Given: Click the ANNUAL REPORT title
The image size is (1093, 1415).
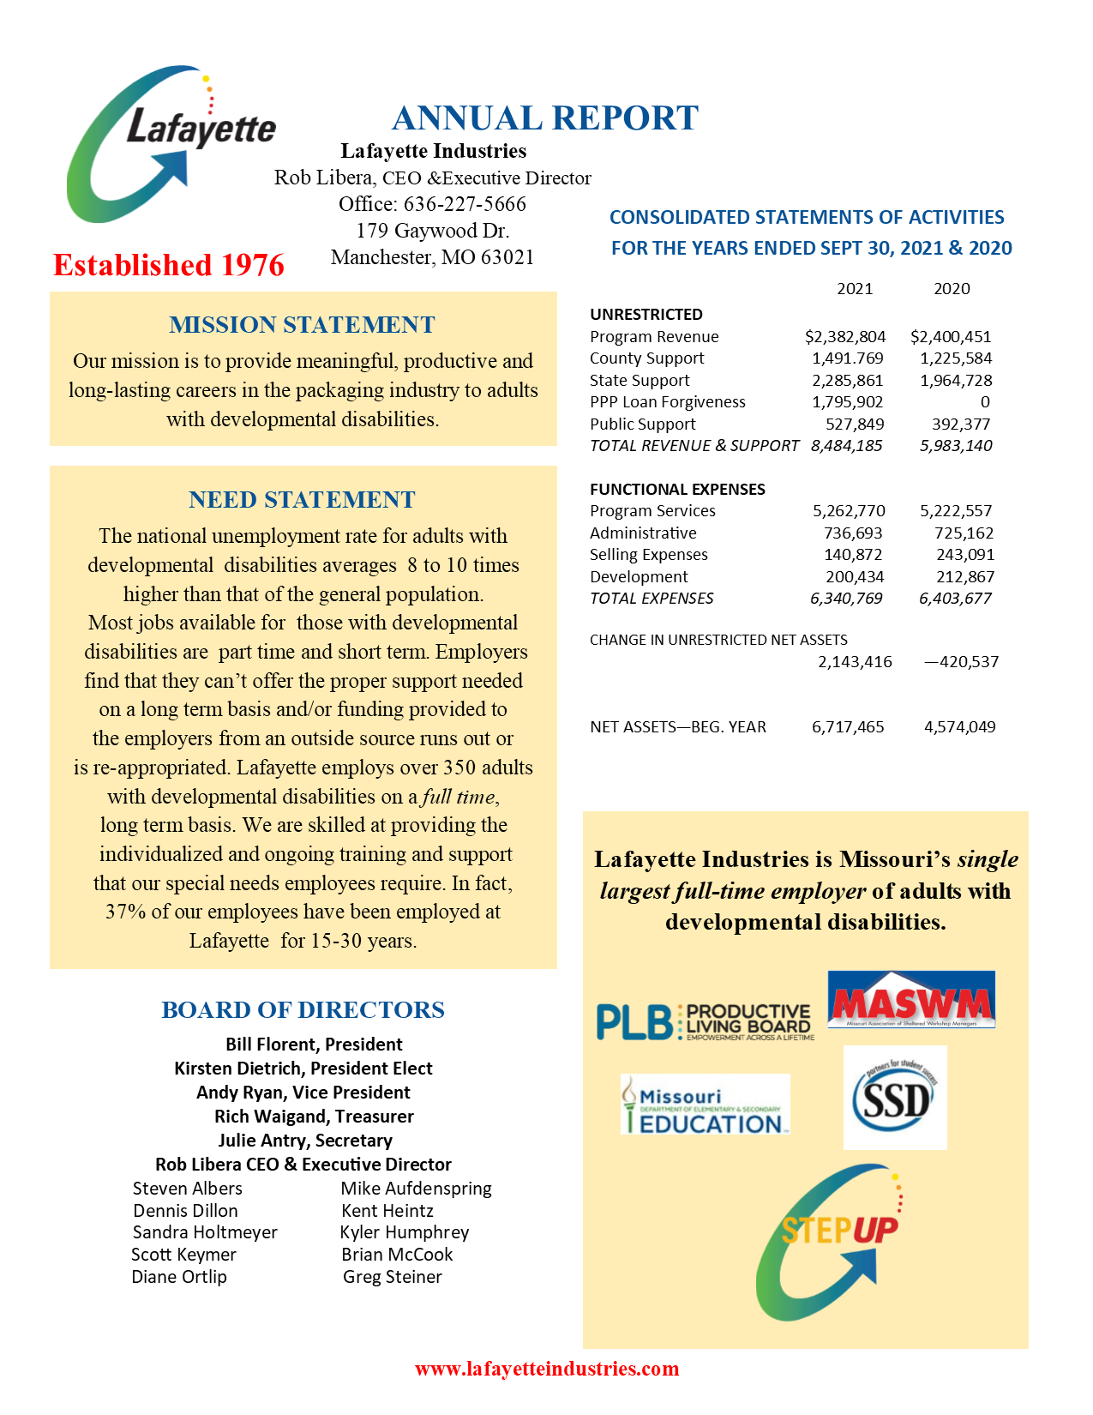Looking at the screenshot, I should coord(544,118).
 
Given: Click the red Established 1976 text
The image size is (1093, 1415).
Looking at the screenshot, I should coord(168,265).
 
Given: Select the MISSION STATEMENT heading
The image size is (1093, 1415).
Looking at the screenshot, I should coord(302,325).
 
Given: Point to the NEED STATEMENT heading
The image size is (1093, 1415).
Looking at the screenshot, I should coord(302,500).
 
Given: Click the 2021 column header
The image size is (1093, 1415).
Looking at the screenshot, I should coord(855,289).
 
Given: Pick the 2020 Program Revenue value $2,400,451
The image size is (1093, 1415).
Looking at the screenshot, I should coord(951,337).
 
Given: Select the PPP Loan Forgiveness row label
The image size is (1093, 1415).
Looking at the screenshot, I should coord(667,402).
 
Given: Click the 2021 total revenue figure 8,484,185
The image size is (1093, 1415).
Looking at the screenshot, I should coord(846,446).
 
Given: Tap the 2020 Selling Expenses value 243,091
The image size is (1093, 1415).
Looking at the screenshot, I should coord(964,555).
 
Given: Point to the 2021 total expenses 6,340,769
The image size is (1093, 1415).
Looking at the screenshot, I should coord(846,599).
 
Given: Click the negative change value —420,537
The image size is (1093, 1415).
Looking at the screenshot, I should coord(961,662).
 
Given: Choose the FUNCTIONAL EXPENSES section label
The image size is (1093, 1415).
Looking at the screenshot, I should coord(677,490).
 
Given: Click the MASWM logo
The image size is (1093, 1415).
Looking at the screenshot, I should coord(911,1000).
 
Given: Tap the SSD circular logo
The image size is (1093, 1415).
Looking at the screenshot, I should coord(895,1099).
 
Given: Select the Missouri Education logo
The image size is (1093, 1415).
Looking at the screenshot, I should coord(705,1105).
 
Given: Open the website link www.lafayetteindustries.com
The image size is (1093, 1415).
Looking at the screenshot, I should coord(547,1369).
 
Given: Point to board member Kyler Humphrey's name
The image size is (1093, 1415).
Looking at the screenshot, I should coord(405,1232).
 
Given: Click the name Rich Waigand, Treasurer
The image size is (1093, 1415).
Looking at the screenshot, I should coord(314,1117).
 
